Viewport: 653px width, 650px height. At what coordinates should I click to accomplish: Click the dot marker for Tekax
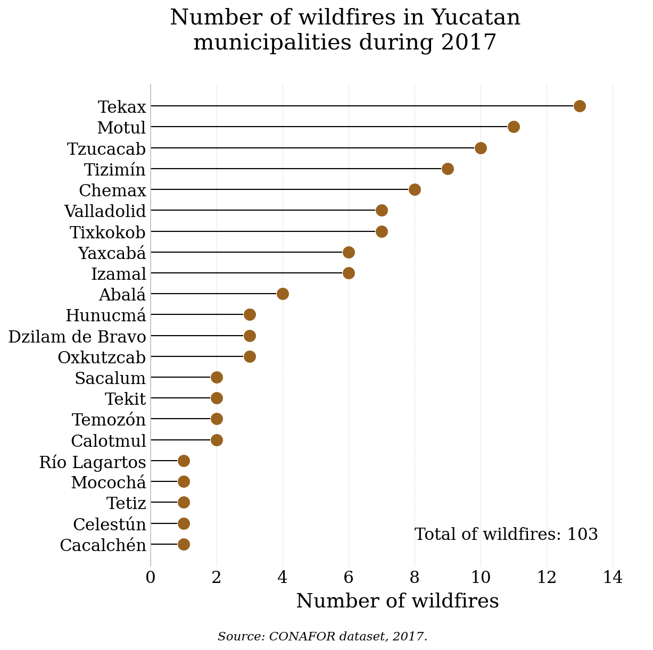[580, 106]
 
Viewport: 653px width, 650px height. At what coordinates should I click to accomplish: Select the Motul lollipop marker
[514, 127]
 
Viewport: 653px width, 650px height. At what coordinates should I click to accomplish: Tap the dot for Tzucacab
[481, 148]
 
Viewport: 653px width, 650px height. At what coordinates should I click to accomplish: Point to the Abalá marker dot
[283, 294]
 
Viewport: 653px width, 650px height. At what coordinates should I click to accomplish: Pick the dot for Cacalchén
[184, 544]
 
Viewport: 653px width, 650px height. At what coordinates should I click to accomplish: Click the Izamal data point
[349, 273]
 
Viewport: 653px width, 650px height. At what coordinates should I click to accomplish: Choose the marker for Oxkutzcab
[250, 356]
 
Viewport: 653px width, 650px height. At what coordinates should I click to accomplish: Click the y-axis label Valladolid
[105, 211]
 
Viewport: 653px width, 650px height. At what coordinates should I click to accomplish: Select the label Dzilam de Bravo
[77, 337]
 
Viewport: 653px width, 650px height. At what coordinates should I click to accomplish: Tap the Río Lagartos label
[93, 462]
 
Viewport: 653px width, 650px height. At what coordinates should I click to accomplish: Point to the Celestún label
[110, 524]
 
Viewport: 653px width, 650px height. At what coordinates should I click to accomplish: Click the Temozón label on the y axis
[109, 420]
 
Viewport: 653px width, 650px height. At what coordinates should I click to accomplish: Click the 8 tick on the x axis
[415, 577]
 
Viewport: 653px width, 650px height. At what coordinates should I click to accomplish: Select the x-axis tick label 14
[613, 577]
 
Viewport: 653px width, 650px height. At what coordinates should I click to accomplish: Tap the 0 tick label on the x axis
[151, 577]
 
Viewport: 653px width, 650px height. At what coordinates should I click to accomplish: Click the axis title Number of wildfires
[397, 601]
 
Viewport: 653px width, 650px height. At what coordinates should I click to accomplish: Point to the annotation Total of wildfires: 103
[506, 534]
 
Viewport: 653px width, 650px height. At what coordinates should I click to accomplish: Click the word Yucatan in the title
[476, 18]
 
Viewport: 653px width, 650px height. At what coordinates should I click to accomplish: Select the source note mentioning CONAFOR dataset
[323, 636]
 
